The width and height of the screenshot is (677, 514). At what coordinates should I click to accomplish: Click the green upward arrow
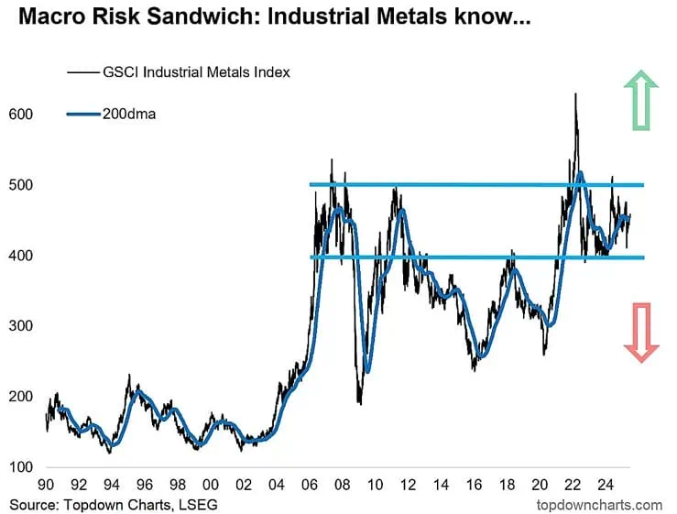(641, 100)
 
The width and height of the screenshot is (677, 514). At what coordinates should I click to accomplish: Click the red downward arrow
(641, 333)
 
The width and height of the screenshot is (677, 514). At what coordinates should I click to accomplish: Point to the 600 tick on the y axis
(21, 114)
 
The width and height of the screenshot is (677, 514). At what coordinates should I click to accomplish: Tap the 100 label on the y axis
(21, 467)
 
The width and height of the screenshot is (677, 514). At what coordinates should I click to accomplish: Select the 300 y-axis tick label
(21, 325)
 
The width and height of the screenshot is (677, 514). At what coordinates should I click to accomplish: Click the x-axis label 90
(46, 485)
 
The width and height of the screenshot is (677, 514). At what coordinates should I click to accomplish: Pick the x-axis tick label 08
(343, 485)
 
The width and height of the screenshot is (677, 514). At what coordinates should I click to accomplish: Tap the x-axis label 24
(606, 485)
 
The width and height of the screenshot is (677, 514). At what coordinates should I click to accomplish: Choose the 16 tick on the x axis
(474, 485)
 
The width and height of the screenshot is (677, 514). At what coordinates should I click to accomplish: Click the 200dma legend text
(129, 114)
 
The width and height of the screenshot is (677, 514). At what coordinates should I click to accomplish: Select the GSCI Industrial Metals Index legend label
(196, 71)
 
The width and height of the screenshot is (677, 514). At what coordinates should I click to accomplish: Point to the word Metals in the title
(409, 16)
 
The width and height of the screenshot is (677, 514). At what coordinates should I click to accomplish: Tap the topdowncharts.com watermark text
(600, 505)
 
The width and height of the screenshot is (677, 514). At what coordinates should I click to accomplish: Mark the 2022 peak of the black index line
(575, 93)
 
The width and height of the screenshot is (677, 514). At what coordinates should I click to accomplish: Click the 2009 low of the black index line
(360, 404)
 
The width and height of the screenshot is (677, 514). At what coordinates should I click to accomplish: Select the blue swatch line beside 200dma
(83, 114)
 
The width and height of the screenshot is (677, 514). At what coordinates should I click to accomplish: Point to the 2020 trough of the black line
(543, 355)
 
